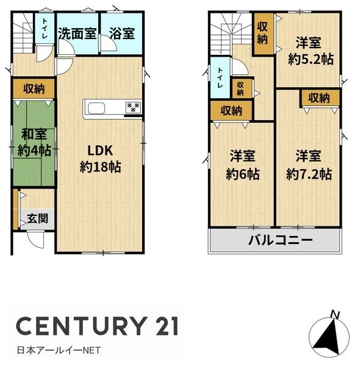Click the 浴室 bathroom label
[122, 34]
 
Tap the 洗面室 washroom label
[77, 34]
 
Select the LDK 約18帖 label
[101, 159]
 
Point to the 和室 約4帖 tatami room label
[34, 142]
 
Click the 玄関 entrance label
[38, 218]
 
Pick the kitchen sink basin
[96, 109]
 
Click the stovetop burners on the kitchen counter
[133, 107]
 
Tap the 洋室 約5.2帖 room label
[311, 51]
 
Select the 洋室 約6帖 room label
[243, 165]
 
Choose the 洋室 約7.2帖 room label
[309, 165]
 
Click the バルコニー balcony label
[280, 240]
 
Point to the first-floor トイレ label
[45, 29]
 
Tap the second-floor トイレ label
[220, 77]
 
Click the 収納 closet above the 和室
[34, 88]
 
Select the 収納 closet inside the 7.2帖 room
[319, 98]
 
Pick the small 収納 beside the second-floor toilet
[240, 88]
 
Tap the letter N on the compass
[335, 315]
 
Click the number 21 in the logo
[166, 326]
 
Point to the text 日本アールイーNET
[59, 350]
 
